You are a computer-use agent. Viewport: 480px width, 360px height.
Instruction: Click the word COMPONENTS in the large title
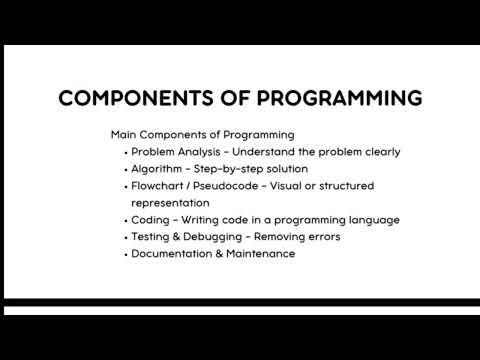point(128,98)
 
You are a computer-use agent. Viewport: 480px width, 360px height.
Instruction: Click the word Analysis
point(202,152)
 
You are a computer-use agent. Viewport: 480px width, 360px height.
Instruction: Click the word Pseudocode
point(237,186)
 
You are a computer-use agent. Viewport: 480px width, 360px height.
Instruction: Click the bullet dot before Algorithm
point(124,170)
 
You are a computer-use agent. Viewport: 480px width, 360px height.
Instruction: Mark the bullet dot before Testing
point(124,238)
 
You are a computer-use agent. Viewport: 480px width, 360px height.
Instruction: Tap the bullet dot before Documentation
point(124,255)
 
